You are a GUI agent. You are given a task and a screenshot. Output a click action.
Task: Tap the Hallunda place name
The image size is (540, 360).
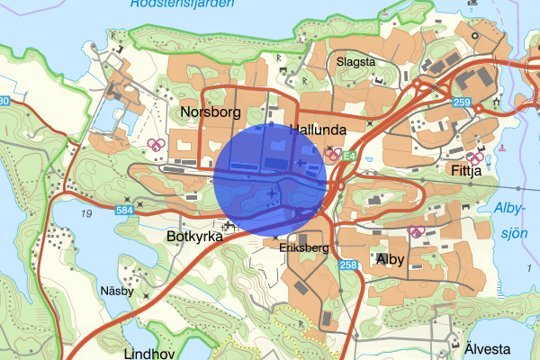[x=318, y=130]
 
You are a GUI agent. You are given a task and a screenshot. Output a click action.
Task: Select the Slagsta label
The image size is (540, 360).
[x=355, y=62]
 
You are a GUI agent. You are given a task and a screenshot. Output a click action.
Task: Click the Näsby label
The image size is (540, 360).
[x=117, y=291]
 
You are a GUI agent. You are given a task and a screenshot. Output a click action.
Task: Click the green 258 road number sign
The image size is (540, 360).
[x=348, y=265]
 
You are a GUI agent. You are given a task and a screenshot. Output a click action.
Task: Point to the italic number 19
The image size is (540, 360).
[x=86, y=213]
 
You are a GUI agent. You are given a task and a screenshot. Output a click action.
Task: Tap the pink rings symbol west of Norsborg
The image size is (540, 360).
[x=156, y=143]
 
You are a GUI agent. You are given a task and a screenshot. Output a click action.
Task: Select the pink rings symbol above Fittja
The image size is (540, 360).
[x=473, y=158]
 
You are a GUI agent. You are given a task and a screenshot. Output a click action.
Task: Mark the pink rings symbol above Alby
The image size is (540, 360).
[x=416, y=231]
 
